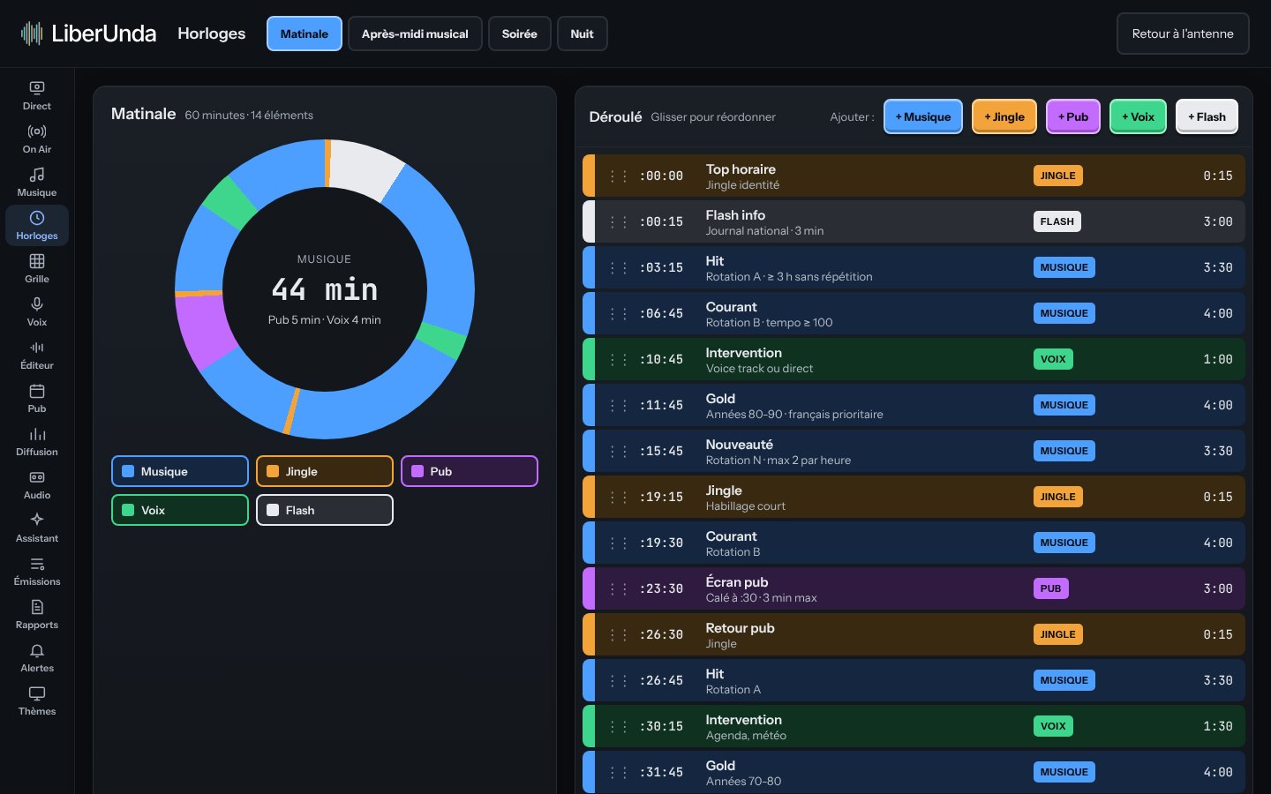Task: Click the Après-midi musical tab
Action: click(x=415, y=34)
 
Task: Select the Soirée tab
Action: click(x=519, y=34)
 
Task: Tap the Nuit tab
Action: click(x=582, y=34)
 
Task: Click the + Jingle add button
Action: click(x=1004, y=116)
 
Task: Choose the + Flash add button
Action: click(x=1207, y=116)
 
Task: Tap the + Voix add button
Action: click(x=1138, y=116)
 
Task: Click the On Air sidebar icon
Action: click(x=37, y=131)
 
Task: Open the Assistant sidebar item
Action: click(x=37, y=528)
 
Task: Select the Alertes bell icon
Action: click(x=37, y=650)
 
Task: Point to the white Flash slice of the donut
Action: click(x=365, y=168)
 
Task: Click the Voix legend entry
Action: click(x=180, y=510)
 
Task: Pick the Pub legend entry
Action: click(x=470, y=471)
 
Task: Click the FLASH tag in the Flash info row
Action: click(x=1057, y=221)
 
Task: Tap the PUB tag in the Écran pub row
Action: click(x=1050, y=588)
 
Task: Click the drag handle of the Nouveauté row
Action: click(x=618, y=451)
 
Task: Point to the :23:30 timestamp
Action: click(x=661, y=588)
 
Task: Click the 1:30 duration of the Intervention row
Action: click(x=1218, y=726)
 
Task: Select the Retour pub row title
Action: click(x=740, y=628)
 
